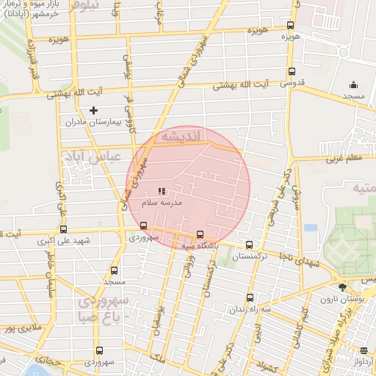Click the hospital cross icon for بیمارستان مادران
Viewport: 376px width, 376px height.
(93, 110)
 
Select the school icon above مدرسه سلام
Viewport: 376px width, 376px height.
(162, 191)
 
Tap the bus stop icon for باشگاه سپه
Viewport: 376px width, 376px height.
(200, 235)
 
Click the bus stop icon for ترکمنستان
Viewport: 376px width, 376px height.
(250, 245)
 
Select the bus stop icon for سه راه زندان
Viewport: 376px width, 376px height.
(250, 298)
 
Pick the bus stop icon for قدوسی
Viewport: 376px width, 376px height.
(292, 72)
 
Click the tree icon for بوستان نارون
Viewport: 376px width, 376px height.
(341, 288)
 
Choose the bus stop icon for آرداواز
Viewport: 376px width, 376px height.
(363, 350)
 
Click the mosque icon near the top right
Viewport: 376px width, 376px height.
(355, 84)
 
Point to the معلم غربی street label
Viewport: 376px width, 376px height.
(350, 156)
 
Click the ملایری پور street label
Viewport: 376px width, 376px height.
(18, 328)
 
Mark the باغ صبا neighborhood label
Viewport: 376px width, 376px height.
(101, 317)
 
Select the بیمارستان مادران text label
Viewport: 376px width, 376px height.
(93, 122)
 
